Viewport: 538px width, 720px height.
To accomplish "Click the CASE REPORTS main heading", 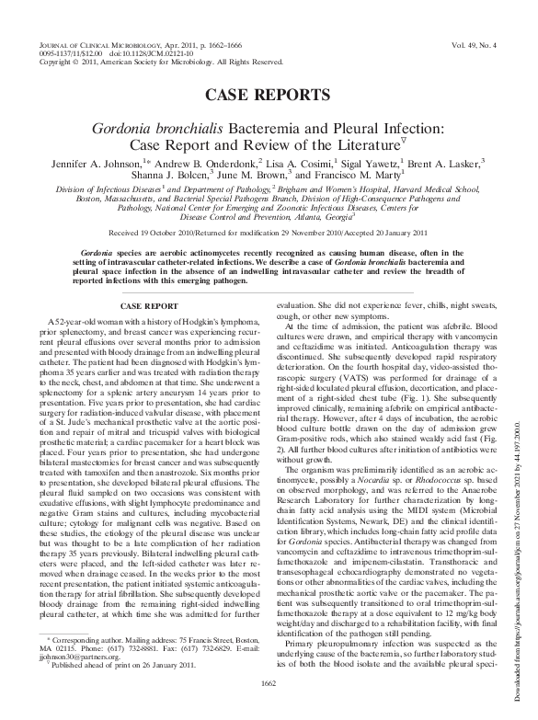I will pos(268,95).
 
